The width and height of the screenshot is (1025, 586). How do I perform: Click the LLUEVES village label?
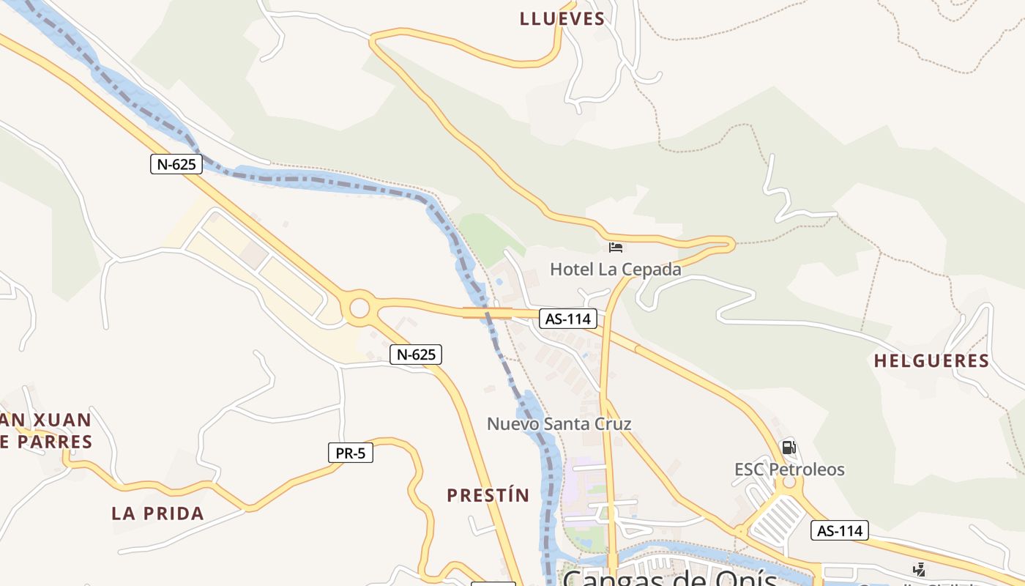[x=562, y=19]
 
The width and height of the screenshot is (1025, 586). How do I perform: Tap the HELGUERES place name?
[x=931, y=360]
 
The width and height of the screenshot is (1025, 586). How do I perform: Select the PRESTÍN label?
[x=488, y=495]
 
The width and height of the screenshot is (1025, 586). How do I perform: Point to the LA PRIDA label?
[x=157, y=513]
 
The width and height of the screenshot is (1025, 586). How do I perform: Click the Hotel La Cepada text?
[x=615, y=269]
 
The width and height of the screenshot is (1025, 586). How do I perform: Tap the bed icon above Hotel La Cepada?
[x=616, y=247]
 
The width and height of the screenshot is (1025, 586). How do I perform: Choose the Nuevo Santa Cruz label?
[x=559, y=423]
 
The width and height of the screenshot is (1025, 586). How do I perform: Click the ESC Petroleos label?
[x=789, y=469]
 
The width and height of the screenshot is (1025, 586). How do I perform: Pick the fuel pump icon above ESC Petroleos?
[x=789, y=447]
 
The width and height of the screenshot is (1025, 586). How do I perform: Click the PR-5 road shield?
[x=350, y=453]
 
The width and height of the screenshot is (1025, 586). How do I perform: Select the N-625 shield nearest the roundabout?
[x=416, y=355]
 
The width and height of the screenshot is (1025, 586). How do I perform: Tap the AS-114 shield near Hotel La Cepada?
[x=568, y=319]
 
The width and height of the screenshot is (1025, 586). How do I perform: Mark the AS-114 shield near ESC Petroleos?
[x=839, y=530]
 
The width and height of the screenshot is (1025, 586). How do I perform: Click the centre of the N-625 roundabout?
[x=359, y=308]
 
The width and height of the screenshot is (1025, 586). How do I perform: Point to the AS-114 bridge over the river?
[x=487, y=313]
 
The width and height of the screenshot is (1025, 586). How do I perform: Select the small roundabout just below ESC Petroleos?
[x=789, y=483]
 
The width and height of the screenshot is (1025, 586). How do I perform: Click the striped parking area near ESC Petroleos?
[x=779, y=518]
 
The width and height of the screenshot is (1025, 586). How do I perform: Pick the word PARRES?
[x=56, y=442]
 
